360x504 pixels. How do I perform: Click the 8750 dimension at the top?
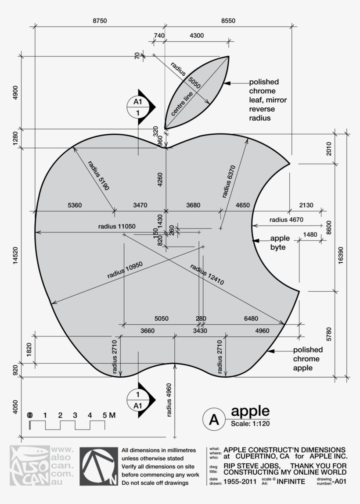tap(100, 21)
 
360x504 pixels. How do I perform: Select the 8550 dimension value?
tap(228, 21)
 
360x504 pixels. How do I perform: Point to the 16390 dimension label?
tap(341, 255)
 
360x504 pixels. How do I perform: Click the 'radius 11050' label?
tap(117, 226)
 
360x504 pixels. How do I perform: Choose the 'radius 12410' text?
tap(207, 275)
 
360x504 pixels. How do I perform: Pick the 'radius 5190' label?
tap(98, 175)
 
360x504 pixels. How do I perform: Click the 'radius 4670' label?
tap(286, 220)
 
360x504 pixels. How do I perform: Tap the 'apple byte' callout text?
tap(280, 243)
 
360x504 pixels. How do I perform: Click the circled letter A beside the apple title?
tap(213, 420)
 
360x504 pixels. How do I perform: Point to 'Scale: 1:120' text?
tap(250, 424)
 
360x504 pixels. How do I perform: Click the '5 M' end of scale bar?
tap(109, 415)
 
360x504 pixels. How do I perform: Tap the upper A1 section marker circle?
tap(138, 107)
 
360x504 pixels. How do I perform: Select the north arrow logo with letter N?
tap(99, 467)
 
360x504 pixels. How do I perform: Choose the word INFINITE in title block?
tap(292, 482)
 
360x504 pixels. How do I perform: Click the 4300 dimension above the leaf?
tap(196, 36)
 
